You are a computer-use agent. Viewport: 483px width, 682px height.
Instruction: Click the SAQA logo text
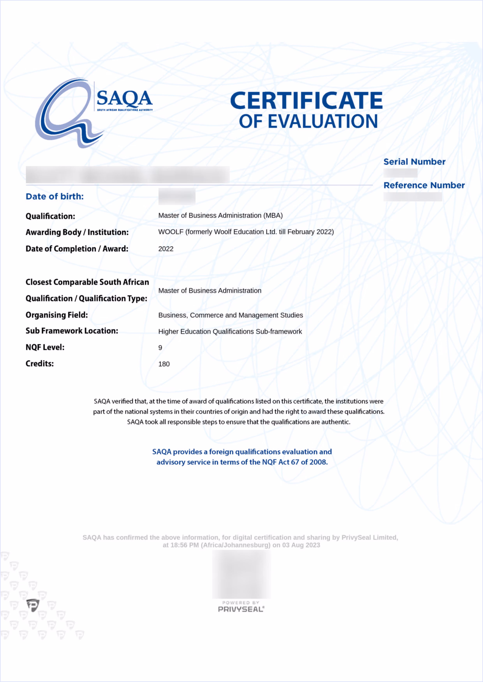click(124, 98)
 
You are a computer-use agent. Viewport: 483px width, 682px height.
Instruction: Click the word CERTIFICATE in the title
click(306, 100)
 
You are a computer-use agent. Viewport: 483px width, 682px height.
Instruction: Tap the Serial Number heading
click(414, 162)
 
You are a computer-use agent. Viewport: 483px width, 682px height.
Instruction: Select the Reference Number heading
click(424, 185)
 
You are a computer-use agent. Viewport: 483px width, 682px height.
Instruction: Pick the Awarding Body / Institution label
click(77, 232)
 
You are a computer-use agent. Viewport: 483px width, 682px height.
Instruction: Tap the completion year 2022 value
click(166, 249)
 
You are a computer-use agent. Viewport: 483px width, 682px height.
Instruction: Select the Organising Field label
click(57, 315)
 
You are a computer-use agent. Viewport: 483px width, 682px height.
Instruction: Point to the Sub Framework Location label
click(72, 331)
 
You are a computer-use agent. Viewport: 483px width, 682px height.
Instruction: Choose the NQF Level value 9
click(160, 348)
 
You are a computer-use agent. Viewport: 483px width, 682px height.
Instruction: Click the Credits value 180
click(164, 364)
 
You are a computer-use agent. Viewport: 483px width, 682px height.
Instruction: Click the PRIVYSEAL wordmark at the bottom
click(241, 609)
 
